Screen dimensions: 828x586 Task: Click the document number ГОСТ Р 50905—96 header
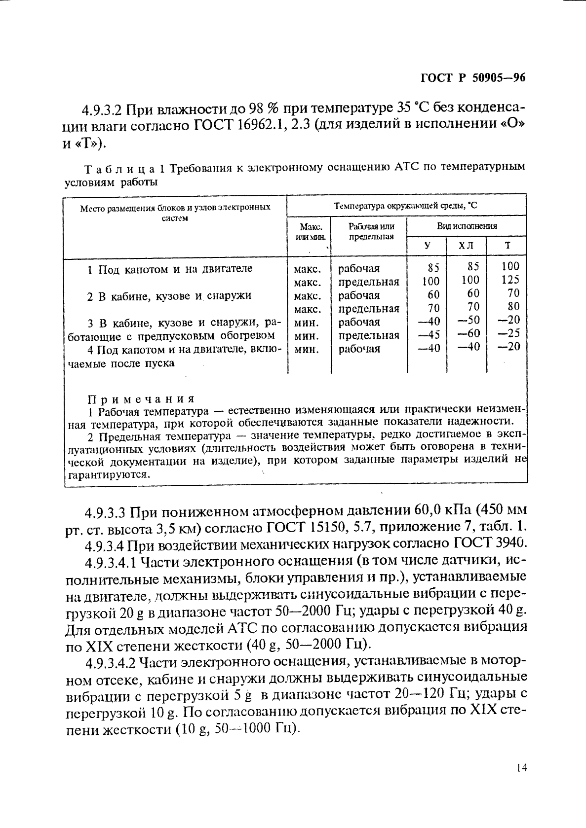472,78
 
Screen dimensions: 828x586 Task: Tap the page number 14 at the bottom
521,767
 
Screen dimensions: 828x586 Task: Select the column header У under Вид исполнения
427,245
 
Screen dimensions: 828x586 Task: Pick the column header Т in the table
507,245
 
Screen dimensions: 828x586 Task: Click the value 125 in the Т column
510,280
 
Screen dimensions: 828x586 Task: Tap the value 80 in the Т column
513,306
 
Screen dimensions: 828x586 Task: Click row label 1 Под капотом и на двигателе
169,269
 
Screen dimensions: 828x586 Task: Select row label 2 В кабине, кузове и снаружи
169,296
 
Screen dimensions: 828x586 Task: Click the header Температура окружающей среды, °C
406,206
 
